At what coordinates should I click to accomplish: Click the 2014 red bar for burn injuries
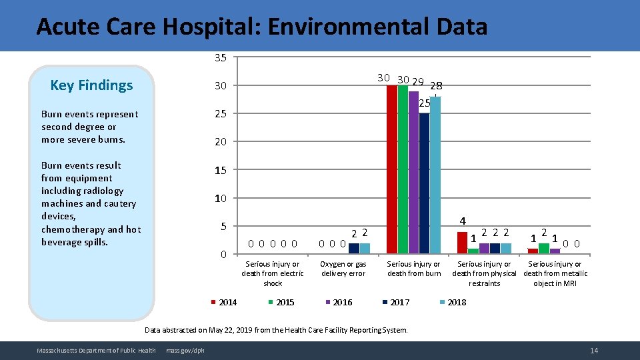(x=392, y=169)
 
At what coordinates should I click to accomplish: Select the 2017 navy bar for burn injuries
(x=424, y=183)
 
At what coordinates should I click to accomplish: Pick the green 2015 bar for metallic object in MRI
(x=544, y=249)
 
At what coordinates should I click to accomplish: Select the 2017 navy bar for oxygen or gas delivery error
(x=354, y=249)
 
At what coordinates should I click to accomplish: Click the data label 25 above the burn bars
(x=425, y=103)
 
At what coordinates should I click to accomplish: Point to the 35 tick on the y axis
(x=220, y=58)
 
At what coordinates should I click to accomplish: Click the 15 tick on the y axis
(x=220, y=171)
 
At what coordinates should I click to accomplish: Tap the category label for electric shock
(x=273, y=273)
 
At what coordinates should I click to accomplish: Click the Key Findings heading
(x=92, y=85)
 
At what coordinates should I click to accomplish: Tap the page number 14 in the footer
(x=593, y=351)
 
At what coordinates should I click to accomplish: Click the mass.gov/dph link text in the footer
(x=185, y=351)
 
